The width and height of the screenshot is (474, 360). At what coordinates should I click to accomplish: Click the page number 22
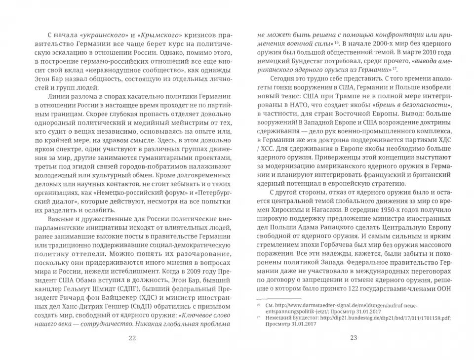click(x=131, y=338)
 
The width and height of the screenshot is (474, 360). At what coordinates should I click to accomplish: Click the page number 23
click(x=353, y=338)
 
